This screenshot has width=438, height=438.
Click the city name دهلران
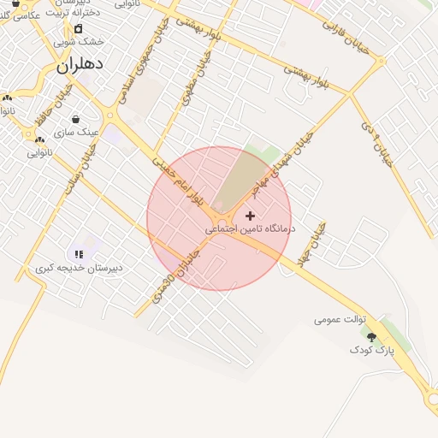80,64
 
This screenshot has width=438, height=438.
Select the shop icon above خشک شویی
78,28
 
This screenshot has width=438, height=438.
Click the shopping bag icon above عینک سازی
76,120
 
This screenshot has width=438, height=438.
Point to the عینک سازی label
76,133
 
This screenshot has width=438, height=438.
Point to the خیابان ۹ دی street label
376,143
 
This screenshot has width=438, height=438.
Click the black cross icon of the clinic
250,216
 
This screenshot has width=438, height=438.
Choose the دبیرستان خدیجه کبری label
79,267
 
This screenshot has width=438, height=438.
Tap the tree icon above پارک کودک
371,338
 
